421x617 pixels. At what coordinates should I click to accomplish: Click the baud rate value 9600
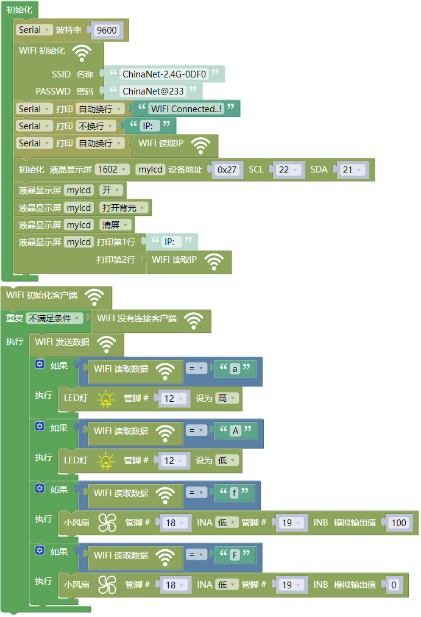pyautogui.click(x=107, y=30)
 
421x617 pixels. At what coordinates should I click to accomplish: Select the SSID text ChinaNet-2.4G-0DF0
pyautogui.click(x=165, y=74)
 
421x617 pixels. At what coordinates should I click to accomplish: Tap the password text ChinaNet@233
pyautogui.click(x=153, y=91)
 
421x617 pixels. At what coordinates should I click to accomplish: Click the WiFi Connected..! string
pyautogui.click(x=186, y=109)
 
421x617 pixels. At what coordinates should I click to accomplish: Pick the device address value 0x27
pyautogui.click(x=227, y=170)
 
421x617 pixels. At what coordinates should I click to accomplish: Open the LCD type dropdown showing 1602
pyautogui.click(x=113, y=169)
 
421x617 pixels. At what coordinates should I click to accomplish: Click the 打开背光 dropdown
pyautogui.click(x=124, y=208)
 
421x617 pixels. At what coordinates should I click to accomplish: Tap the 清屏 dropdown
pyautogui.click(x=115, y=225)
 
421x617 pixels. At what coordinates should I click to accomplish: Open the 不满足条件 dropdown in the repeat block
pyautogui.click(x=54, y=318)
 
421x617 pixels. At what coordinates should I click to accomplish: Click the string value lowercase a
pyautogui.click(x=235, y=369)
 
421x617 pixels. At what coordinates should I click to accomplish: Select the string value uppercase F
pyautogui.click(x=235, y=555)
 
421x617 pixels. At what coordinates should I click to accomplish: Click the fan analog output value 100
pyautogui.click(x=398, y=523)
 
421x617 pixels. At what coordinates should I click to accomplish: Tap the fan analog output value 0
pyautogui.click(x=394, y=585)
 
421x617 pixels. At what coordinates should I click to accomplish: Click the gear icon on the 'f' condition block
pyautogui.click(x=40, y=489)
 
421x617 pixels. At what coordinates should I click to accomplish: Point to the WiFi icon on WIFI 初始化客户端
pyautogui.click(x=94, y=297)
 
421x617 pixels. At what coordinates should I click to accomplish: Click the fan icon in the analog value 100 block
pyautogui.click(x=107, y=523)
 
